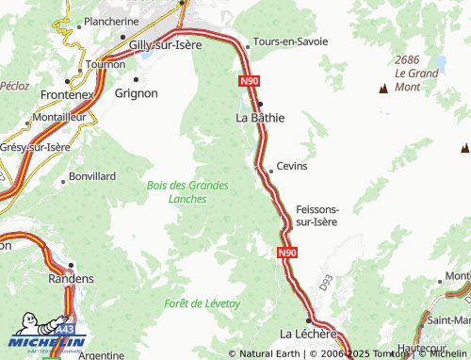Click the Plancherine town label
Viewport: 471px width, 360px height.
111,21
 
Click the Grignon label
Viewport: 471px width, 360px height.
136,93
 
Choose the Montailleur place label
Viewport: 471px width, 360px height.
65,116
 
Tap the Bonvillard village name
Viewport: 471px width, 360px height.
92,176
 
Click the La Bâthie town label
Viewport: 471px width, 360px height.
260,119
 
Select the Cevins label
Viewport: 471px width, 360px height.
292,166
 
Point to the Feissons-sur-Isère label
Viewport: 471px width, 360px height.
317,215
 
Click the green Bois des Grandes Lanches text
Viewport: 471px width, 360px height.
187,192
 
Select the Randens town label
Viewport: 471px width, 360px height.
71,279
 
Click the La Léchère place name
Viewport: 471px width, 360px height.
309,334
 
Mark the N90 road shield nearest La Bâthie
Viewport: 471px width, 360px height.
249,82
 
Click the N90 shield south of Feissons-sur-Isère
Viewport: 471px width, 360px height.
287,254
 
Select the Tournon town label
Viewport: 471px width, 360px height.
106,65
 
